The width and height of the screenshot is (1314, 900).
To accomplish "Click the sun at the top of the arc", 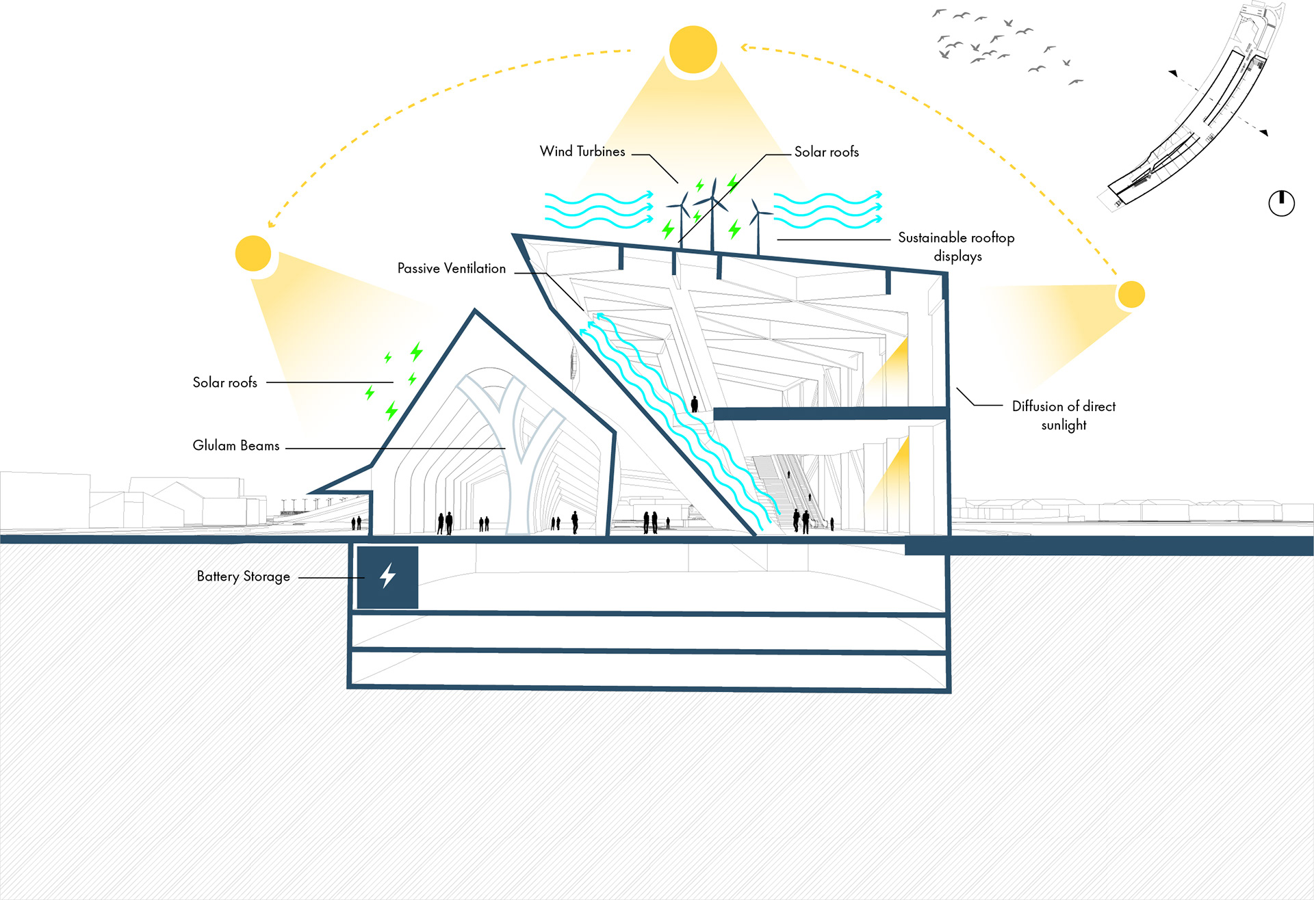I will click(x=693, y=49).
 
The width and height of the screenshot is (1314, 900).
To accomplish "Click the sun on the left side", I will click(x=253, y=253).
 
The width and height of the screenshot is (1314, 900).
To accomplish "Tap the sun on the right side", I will click(x=1131, y=295).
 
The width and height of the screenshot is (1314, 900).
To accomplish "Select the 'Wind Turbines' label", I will click(x=582, y=151).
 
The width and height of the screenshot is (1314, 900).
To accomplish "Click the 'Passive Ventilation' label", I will click(x=452, y=268).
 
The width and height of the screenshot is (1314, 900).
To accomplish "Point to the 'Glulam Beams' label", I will click(x=236, y=445).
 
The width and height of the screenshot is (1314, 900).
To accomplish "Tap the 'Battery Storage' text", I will click(x=244, y=577).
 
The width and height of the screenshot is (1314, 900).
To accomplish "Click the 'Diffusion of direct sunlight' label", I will click(x=1064, y=415).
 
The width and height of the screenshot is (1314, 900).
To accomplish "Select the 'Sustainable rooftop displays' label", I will click(x=956, y=246).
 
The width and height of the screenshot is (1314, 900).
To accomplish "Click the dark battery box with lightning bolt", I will click(x=387, y=577).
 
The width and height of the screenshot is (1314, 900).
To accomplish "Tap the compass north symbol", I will click(x=1281, y=203).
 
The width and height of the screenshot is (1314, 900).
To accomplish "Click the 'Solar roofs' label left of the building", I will click(x=224, y=382).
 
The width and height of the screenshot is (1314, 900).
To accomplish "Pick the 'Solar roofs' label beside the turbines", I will click(x=826, y=152).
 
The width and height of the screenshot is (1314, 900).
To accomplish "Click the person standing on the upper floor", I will click(x=695, y=403).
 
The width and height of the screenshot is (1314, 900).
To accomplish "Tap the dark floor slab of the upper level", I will click(x=829, y=413).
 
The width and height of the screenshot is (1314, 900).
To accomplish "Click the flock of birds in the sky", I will click(x=999, y=44).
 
